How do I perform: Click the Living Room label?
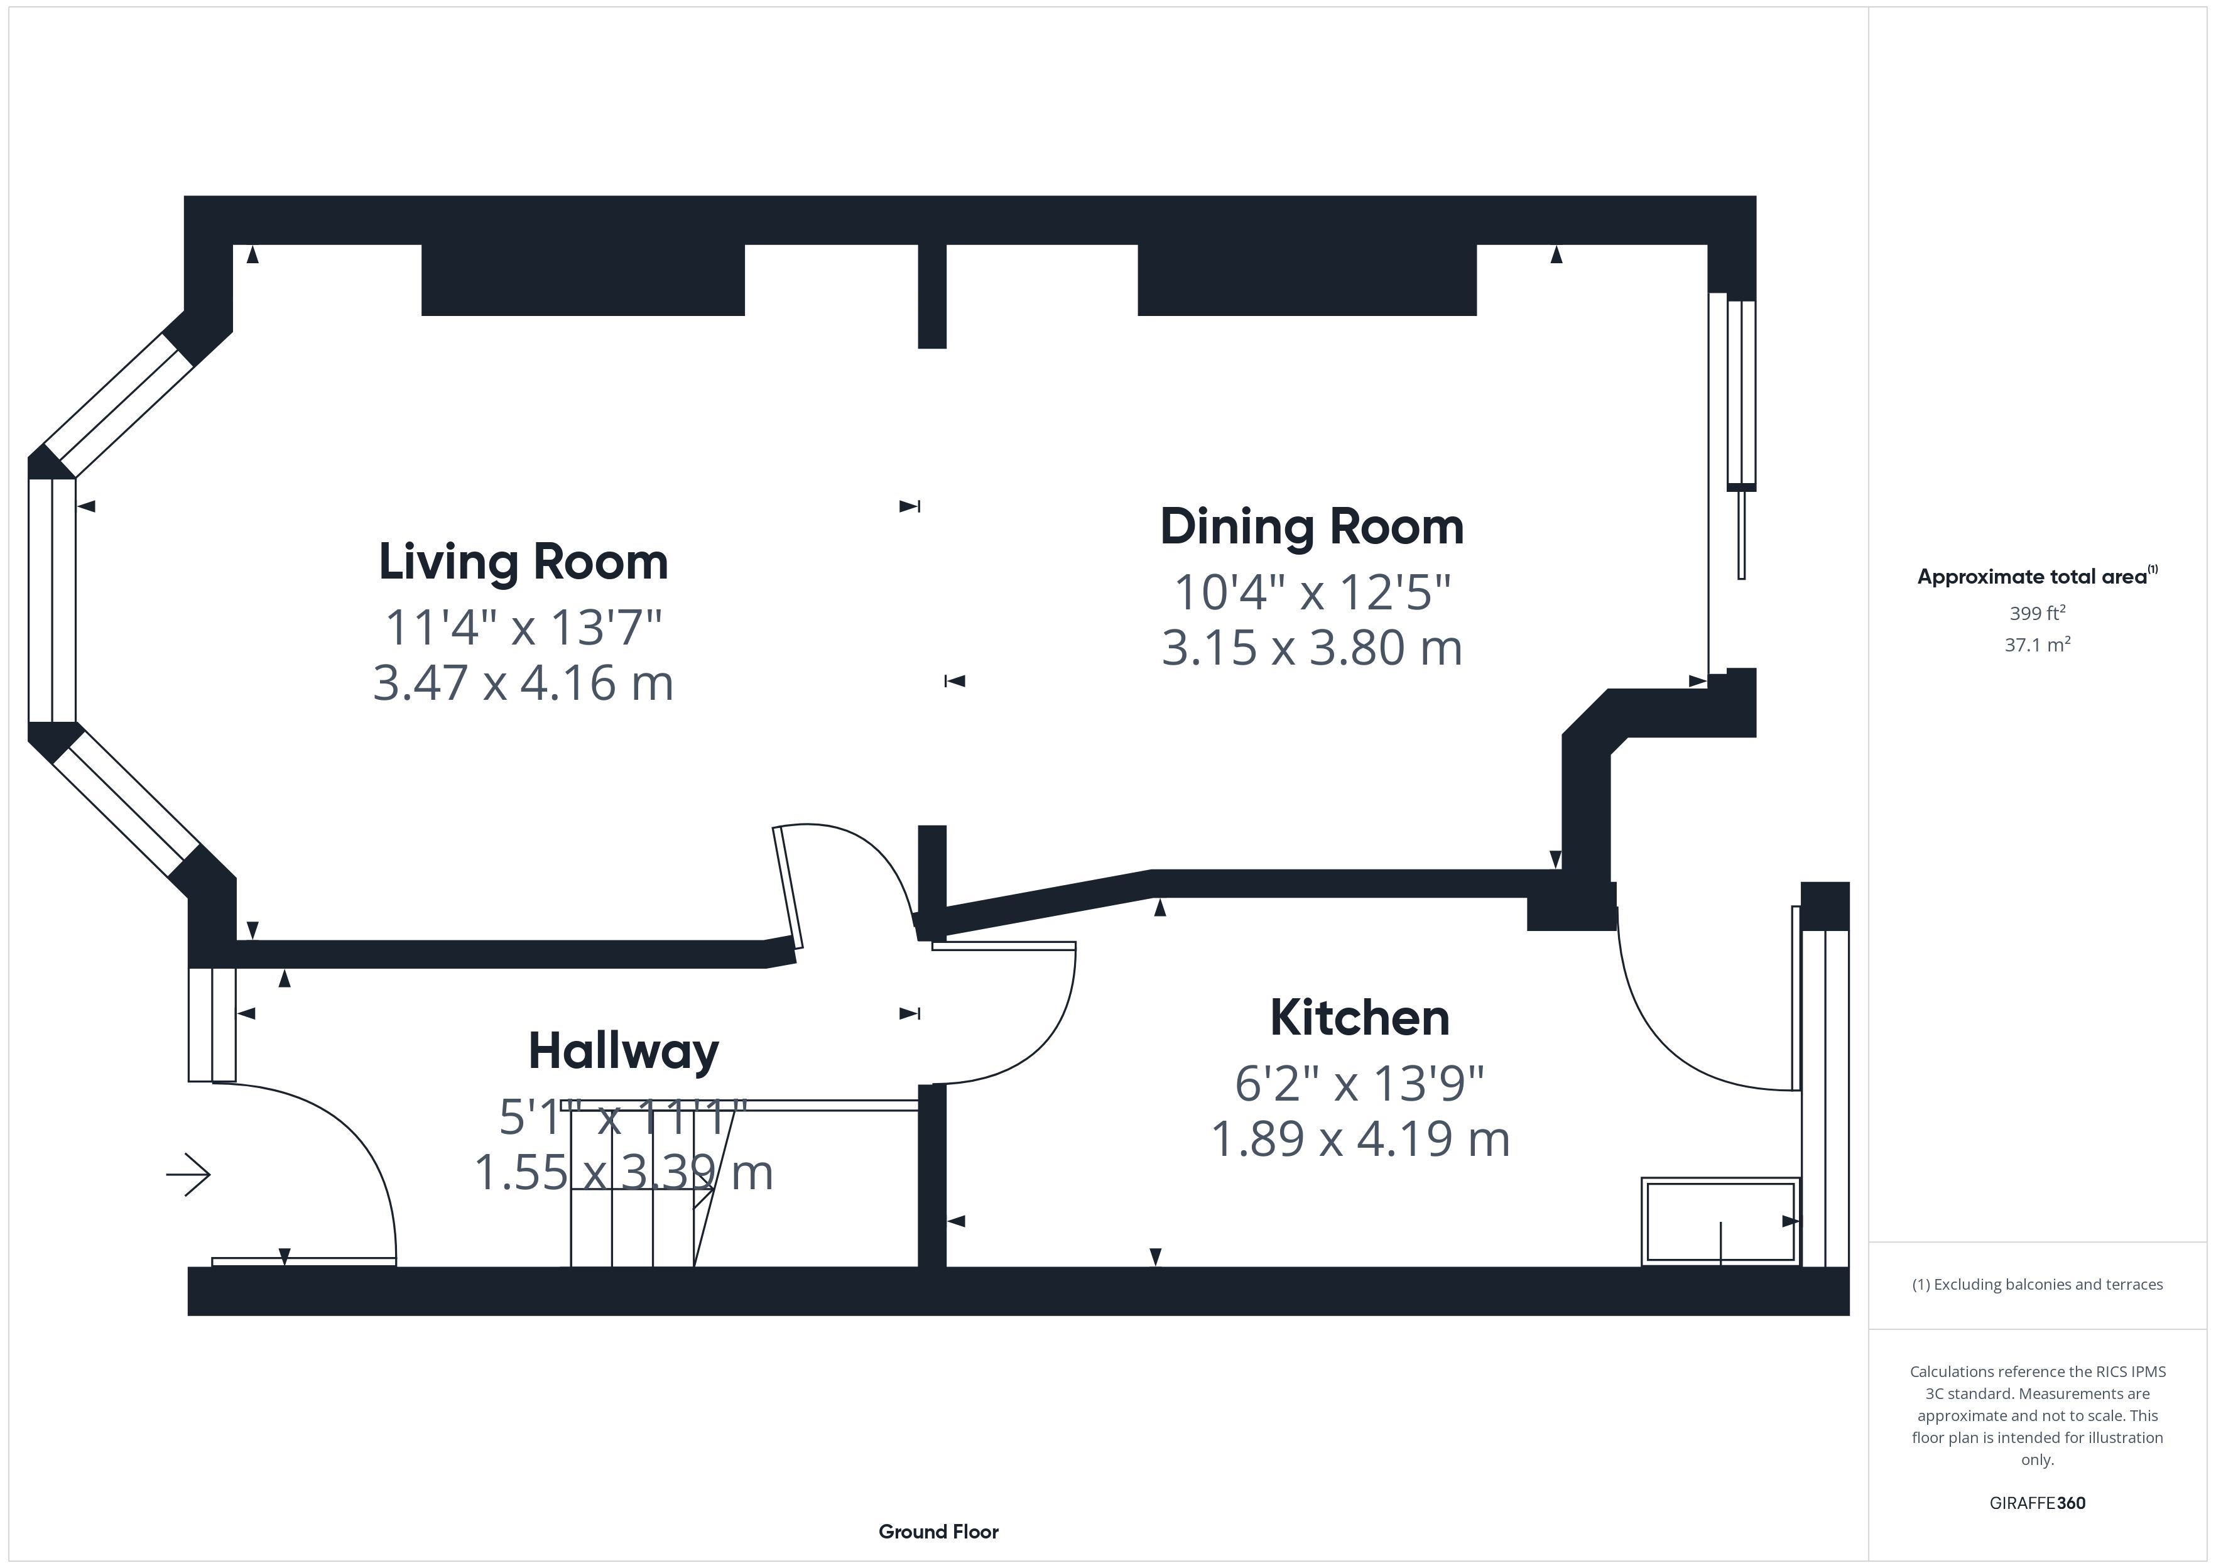click(523, 563)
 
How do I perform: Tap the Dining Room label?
click(1312, 527)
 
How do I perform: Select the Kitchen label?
click(1360, 1018)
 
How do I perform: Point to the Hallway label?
click(624, 1052)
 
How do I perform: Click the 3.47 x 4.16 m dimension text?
click(523, 683)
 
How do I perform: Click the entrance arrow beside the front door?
click(188, 1175)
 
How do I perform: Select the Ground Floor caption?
click(938, 1532)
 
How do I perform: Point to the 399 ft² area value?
click(2038, 613)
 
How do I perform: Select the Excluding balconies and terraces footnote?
click(2038, 1284)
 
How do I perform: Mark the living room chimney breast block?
click(583, 280)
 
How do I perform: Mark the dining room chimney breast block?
click(1307, 280)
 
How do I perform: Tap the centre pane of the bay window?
click(52, 601)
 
